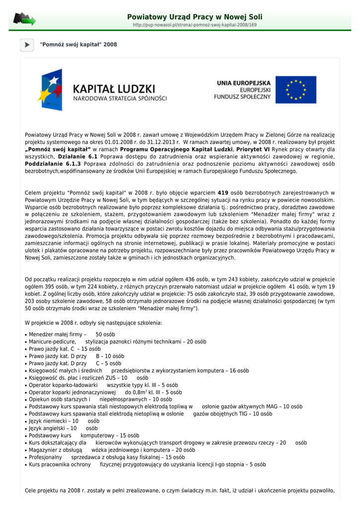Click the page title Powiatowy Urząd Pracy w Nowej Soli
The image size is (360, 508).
coord(195,17)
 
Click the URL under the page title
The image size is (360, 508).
coord(195,25)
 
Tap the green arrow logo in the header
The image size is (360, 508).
coord(24,19)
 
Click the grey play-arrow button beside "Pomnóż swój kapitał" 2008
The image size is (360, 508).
coord(27,45)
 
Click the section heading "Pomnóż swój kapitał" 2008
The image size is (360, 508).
coord(78,45)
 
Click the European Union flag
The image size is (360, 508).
coord(296,89)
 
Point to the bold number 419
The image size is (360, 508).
coord(223,192)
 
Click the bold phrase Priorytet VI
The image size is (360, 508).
coord(253,149)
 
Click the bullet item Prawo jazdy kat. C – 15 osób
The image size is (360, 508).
coord(65,349)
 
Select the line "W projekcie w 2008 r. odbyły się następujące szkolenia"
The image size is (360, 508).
coord(93,323)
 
